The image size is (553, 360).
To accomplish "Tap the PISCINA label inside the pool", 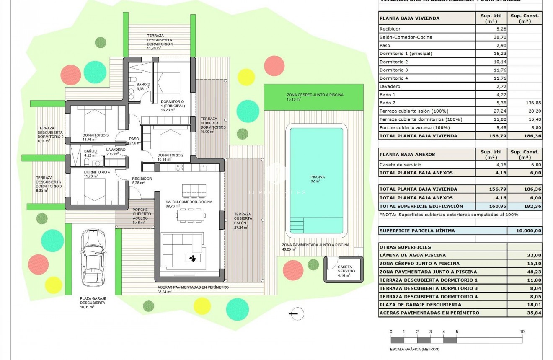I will (x=317, y=177).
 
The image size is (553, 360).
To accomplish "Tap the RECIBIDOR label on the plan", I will (x=142, y=179).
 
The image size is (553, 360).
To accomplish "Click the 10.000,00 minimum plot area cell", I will (x=524, y=231).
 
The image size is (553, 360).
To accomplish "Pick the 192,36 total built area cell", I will (x=524, y=206).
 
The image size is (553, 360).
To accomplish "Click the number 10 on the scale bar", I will (x=522, y=332).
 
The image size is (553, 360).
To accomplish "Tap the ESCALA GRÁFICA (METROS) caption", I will (x=412, y=349).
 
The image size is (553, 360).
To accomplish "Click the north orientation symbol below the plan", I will (x=296, y=313).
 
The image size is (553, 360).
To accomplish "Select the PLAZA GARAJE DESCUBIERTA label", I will (x=93, y=300).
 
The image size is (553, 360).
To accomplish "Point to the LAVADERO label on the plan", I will (x=116, y=150).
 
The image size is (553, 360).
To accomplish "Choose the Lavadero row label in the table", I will (x=390, y=86).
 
